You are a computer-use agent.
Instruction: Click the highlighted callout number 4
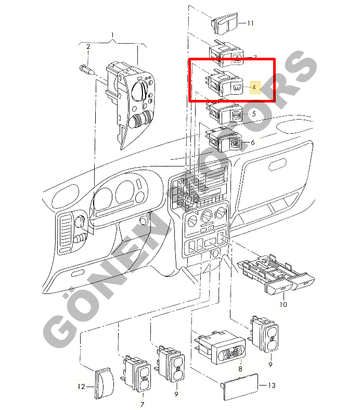(253, 87)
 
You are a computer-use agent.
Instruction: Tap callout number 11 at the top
(250, 23)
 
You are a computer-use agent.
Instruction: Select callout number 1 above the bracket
(112, 35)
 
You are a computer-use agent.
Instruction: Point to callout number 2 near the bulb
(88, 46)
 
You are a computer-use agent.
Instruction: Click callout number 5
(253, 114)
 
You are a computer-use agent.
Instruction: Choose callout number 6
(252, 143)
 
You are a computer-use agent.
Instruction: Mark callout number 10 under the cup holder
(283, 304)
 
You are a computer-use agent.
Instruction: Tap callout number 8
(240, 369)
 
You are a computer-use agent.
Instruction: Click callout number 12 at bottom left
(81, 387)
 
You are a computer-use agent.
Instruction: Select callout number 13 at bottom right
(272, 386)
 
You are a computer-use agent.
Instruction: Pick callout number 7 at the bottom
(142, 404)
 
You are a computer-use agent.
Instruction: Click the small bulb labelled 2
(86, 70)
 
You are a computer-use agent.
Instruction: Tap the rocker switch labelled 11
(224, 23)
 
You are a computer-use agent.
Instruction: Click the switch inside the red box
(224, 83)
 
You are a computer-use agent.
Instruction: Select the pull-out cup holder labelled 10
(276, 273)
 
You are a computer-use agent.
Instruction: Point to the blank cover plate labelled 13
(240, 387)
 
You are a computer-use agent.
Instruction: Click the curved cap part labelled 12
(104, 383)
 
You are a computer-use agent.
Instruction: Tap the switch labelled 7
(137, 374)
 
